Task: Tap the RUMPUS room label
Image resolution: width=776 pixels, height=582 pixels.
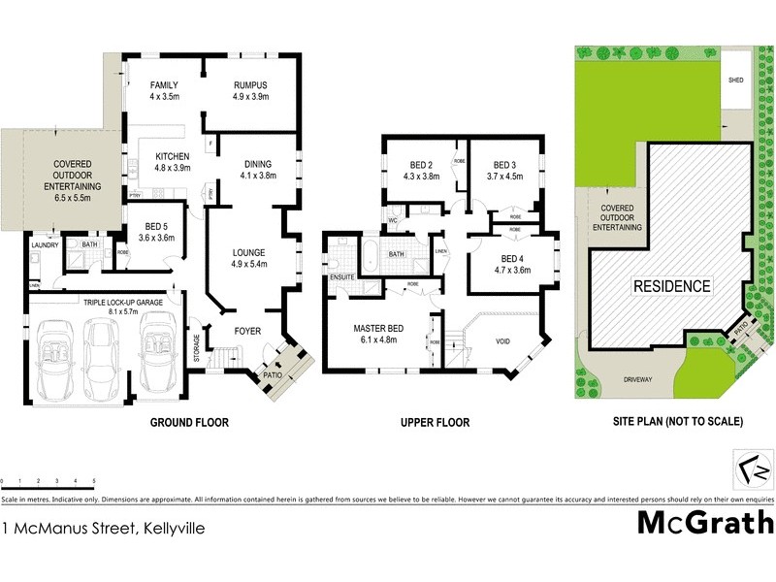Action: tap(249, 85)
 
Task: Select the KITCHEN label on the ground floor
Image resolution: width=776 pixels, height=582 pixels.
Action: tap(173, 156)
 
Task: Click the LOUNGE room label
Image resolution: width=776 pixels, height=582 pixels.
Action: tap(248, 252)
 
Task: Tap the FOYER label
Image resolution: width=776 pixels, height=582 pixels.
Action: tap(249, 331)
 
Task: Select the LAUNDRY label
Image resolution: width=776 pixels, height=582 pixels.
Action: tap(45, 245)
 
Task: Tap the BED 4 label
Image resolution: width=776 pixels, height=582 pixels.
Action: tap(512, 258)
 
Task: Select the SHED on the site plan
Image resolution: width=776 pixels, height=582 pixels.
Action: tap(736, 81)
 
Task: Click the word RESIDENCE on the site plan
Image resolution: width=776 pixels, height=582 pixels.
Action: tap(672, 286)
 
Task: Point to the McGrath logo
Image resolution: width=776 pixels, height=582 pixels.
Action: tap(704, 522)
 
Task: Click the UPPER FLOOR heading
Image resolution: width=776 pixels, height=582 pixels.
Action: tap(435, 423)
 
